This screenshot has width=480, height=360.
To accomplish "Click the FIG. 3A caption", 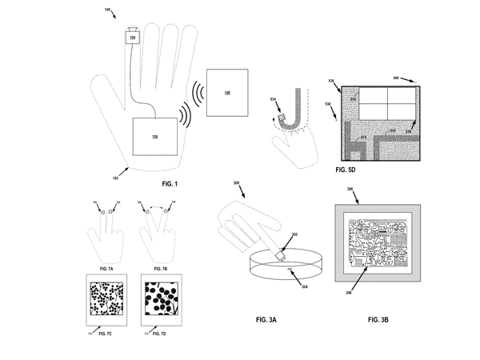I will [x=267, y=319].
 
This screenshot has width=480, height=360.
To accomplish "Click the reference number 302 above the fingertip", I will [x=293, y=234].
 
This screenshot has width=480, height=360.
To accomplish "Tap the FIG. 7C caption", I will [x=102, y=330].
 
